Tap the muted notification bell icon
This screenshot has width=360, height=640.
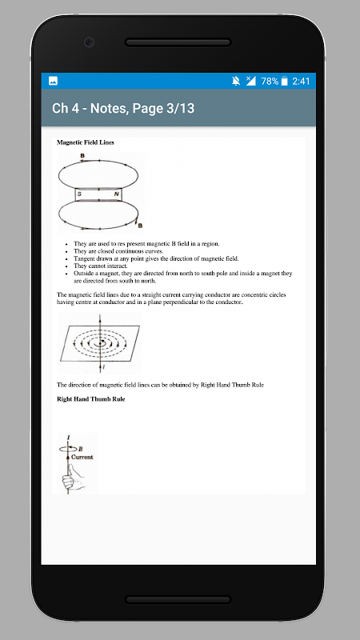coord(236,82)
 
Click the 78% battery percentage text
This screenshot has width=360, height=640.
coord(270,82)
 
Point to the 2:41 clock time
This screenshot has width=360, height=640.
coord(301,82)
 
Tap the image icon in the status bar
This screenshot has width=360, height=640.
coord(53,81)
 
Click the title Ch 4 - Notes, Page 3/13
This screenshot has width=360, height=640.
coord(123,108)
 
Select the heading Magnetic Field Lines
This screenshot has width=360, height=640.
coord(86,142)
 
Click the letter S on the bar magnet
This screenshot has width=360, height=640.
coord(79,194)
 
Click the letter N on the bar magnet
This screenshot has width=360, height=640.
coord(116,194)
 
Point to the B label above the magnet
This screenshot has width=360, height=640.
coord(82,155)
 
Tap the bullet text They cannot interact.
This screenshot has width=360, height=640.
coord(101,266)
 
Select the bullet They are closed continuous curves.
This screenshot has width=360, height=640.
coord(118,251)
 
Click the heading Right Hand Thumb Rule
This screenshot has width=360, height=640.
coord(90,399)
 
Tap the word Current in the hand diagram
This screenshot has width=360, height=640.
coord(82,457)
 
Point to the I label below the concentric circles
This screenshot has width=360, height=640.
coord(104,367)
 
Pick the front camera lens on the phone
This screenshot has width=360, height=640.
coord(89,42)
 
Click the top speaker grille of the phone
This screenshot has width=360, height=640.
coord(178,42)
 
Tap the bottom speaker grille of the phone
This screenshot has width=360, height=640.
coord(178,599)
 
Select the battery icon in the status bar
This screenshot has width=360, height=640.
coord(285,82)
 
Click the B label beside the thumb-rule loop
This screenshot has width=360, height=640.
coord(81,449)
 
